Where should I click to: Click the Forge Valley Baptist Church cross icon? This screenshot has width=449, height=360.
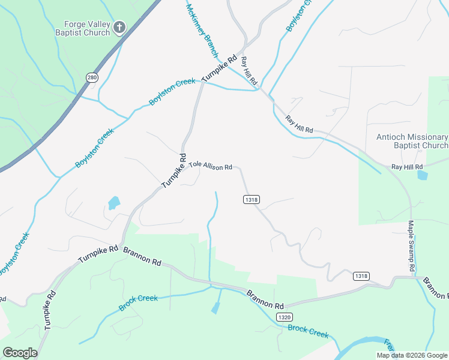tap(119, 27)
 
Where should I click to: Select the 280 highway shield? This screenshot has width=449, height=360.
tap(92, 77)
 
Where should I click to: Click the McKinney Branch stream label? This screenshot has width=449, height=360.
tap(202, 29)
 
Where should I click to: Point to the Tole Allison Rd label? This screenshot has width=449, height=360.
tap(211, 166)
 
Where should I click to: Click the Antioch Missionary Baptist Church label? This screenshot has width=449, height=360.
tap(412, 141)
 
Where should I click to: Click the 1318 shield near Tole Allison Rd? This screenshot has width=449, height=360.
tap(252, 199)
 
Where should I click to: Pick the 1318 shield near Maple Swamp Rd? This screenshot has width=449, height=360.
tap(361, 275)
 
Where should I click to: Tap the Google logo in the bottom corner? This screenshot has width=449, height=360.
tap(20, 352)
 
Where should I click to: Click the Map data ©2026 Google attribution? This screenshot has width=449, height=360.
tap(412, 355)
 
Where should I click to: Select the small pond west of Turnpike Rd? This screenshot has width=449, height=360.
tap(113, 203)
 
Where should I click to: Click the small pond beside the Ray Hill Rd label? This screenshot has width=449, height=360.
tap(423, 176)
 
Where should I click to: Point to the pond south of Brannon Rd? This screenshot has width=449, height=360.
tap(215, 308)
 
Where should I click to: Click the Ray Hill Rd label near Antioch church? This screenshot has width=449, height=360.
tap(407, 166)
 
